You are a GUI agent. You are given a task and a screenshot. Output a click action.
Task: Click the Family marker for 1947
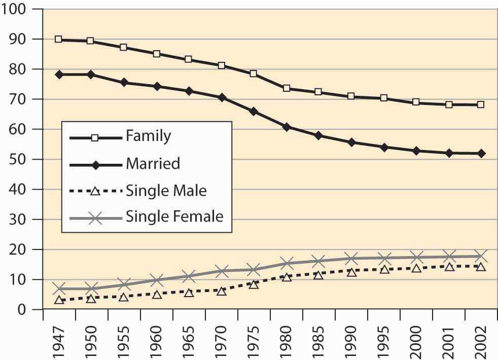[59, 39]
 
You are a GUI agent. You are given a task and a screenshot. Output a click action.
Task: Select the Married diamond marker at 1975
[254, 111]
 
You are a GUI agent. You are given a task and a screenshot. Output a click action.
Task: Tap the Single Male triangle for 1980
[286, 277]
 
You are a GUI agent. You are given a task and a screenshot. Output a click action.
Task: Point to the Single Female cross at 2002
[481, 256]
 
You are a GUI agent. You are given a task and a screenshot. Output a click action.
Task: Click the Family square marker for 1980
[286, 88]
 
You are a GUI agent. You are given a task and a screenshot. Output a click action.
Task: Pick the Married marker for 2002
[481, 153]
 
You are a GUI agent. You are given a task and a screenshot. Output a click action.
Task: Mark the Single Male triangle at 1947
[59, 300]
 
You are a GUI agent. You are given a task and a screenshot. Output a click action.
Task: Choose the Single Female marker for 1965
[189, 276]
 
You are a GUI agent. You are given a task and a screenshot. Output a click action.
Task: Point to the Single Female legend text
[174, 217]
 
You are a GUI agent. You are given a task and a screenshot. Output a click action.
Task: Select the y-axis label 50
[23, 159]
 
